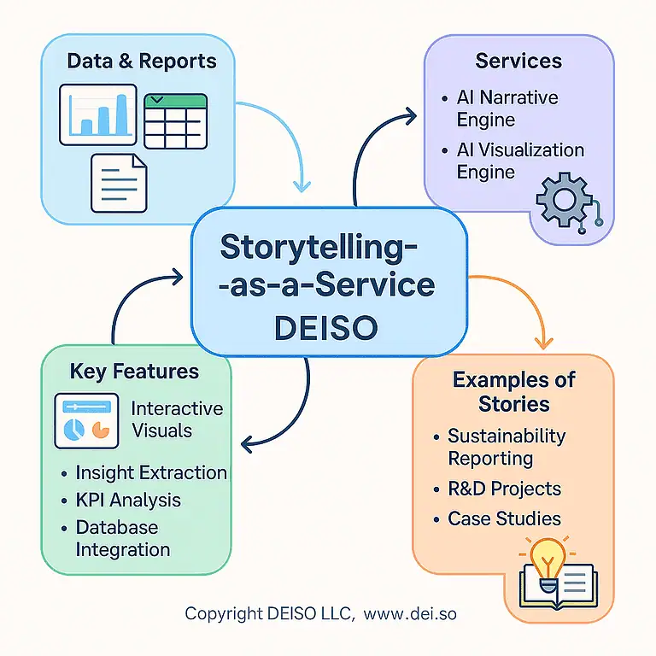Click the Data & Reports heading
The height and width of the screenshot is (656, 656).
(x=141, y=61)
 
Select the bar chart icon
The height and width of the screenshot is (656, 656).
(x=97, y=114)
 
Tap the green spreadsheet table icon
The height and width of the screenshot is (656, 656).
(x=176, y=120)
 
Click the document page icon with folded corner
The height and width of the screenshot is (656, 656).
(x=119, y=181)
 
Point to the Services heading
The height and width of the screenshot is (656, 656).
(x=518, y=61)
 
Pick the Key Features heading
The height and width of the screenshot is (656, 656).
(x=134, y=372)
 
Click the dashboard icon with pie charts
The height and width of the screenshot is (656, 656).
(x=86, y=421)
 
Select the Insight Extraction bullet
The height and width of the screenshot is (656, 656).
(x=150, y=472)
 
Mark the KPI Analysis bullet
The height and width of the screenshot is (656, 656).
(x=128, y=500)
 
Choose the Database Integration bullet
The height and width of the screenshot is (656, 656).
(x=123, y=538)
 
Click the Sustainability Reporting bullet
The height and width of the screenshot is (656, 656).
(x=506, y=447)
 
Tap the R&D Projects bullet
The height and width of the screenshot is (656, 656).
(x=504, y=489)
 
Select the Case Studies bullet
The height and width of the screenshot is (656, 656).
(x=504, y=518)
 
